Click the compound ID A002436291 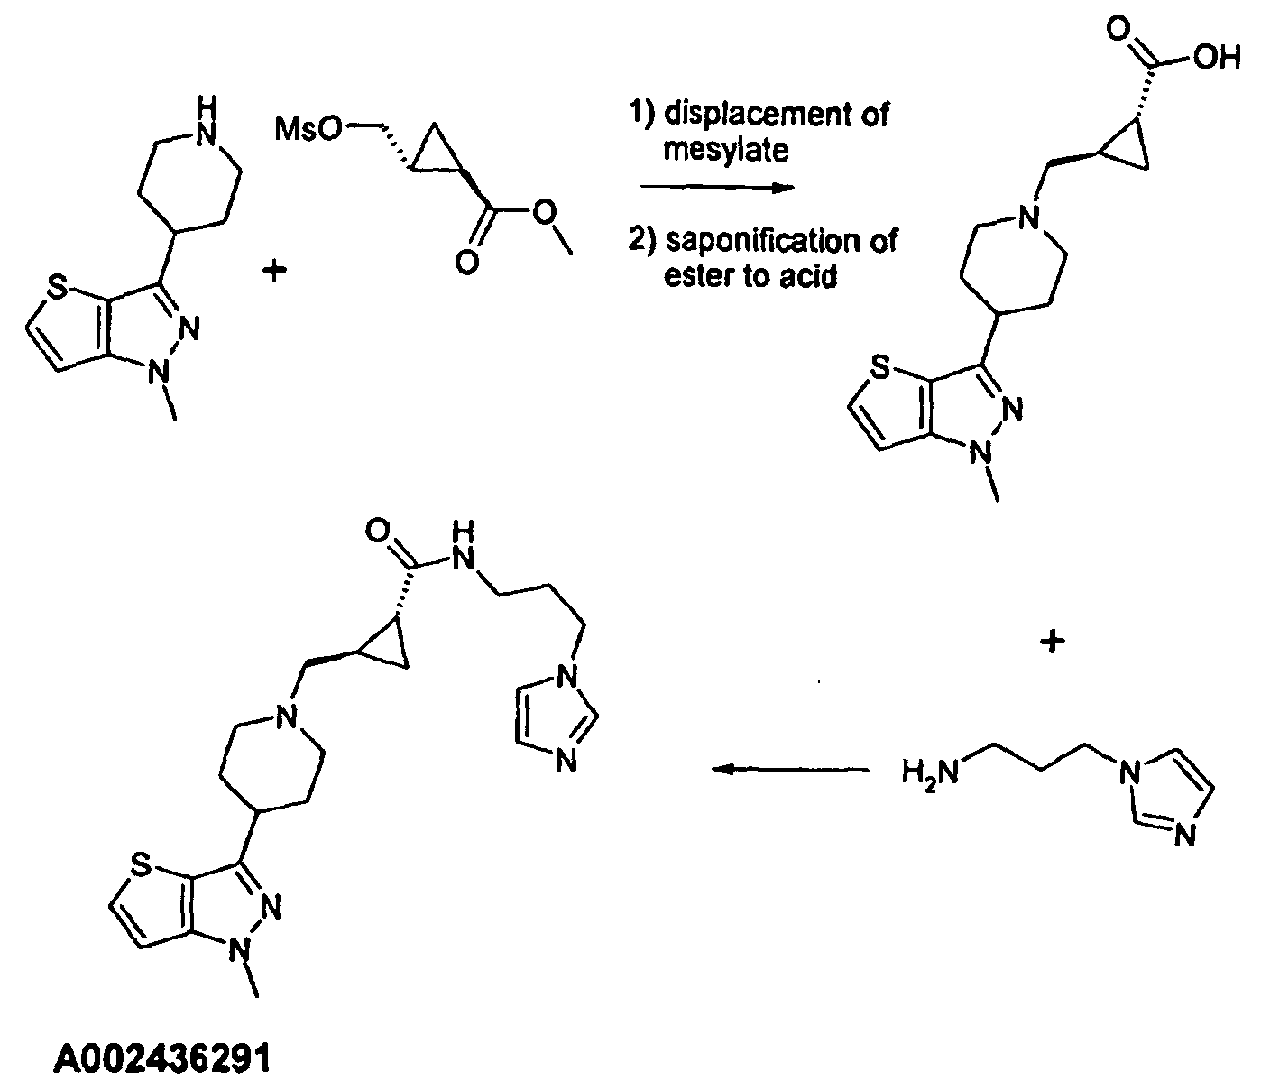pyautogui.click(x=162, y=1059)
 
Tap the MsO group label pyautogui.click(x=308, y=129)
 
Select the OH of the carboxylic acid pyautogui.click(x=1217, y=58)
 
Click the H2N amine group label pyautogui.click(x=930, y=772)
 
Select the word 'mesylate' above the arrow pyautogui.click(x=725, y=150)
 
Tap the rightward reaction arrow pyautogui.click(x=717, y=188)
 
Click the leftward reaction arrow pyautogui.click(x=790, y=769)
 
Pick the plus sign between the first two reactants pyautogui.click(x=274, y=271)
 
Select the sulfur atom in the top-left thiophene pyautogui.click(x=57, y=287)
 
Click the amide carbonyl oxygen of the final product pyautogui.click(x=378, y=530)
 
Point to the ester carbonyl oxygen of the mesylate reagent pyautogui.click(x=467, y=263)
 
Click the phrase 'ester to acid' pyautogui.click(x=750, y=276)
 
